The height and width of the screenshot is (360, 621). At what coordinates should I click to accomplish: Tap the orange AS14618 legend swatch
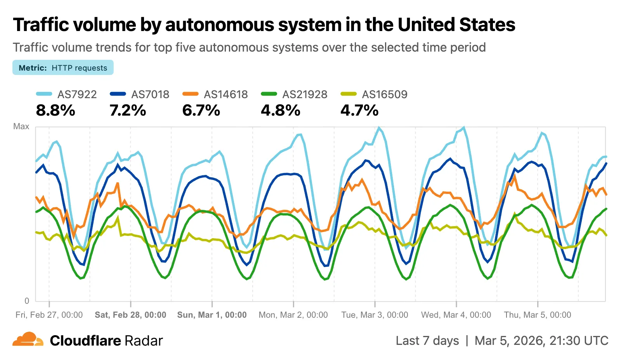[190, 94]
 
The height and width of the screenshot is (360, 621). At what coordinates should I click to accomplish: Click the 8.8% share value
[56, 111]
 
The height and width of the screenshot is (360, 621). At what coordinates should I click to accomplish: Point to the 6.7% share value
[201, 111]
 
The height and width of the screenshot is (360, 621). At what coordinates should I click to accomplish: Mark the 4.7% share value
[359, 111]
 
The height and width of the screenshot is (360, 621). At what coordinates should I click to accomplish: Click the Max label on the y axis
[21, 126]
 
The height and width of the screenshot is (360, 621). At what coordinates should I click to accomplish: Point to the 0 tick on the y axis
[26, 301]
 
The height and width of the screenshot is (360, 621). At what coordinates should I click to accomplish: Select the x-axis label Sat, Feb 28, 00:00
[130, 315]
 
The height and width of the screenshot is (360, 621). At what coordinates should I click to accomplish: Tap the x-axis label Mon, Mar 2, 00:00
[293, 315]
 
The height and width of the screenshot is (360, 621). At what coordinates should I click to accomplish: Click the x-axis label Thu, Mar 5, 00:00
[537, 315]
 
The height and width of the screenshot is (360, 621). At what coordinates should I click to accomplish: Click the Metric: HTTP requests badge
[63, 67]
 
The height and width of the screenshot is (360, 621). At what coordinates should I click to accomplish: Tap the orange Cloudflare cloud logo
[27, 339]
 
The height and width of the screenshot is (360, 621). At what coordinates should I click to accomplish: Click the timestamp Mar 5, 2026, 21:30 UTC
[541, 341]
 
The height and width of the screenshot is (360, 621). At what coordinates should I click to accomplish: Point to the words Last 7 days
[427, 341]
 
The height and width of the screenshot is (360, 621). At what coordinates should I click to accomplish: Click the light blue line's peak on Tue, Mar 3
[379, 127]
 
